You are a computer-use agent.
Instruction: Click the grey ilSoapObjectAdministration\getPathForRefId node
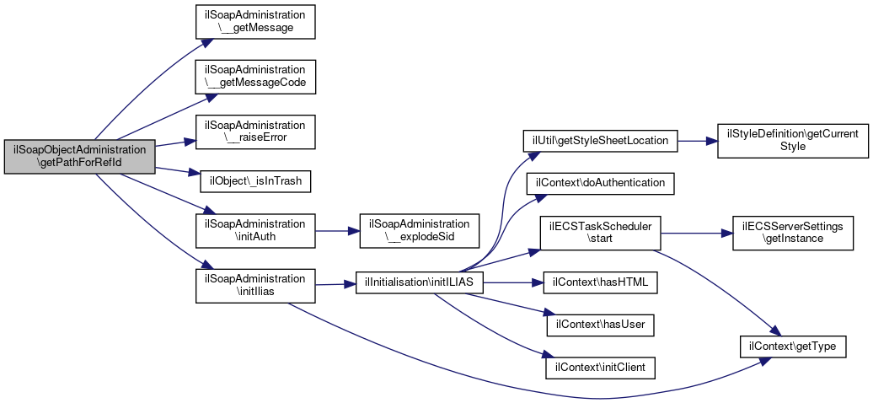point(79,157)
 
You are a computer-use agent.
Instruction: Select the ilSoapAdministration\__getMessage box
point(255,22)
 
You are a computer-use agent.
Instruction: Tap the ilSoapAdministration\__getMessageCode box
point(255,77)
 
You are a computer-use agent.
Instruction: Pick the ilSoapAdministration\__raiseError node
point(255,132)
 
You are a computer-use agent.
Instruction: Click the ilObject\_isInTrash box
point(255,181)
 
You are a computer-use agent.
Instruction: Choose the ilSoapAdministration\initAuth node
point(255,231)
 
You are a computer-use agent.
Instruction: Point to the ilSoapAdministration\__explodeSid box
point(420,231)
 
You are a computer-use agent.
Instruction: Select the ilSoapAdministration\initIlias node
point(255,286)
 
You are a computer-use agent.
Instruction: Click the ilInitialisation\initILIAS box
point(420,283)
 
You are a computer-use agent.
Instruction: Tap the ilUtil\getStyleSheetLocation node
point(600,141)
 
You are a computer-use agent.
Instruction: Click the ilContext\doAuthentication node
point(600,184)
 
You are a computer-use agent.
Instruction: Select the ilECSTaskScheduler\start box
point(600,233)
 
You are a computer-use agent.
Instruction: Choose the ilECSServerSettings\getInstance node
point(793,233)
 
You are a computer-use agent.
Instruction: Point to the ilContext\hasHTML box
point(600,282)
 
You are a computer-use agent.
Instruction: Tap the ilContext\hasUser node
point(600,325)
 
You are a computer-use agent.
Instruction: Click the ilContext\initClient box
point(600,368)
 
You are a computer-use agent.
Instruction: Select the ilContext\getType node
point(793,347)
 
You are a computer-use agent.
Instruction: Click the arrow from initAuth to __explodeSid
point(337,231)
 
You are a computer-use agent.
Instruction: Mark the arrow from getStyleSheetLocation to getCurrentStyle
point(697,141)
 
